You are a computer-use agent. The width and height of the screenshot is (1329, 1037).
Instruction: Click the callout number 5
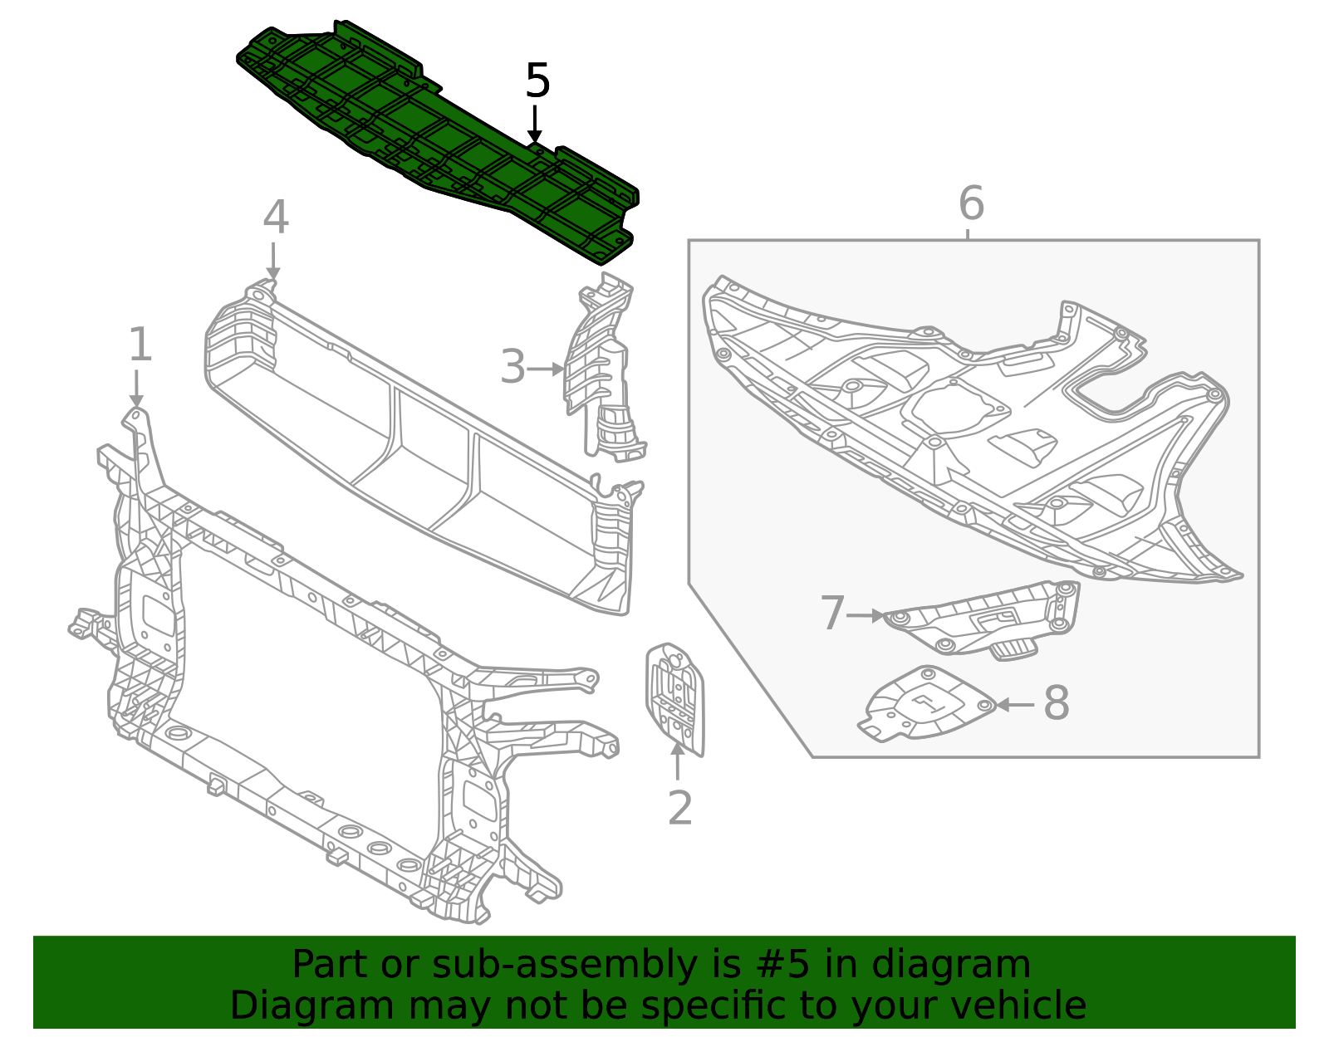pyautogui.click(x=537, y=81)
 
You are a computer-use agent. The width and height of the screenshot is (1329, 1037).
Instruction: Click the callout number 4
pyautogui.click(x=276, y=218)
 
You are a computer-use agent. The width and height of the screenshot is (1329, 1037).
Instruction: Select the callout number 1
pyautogui.click(x=140, y=345)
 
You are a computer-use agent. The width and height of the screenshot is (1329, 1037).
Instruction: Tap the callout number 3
pyautogui.click(x=512, y=368)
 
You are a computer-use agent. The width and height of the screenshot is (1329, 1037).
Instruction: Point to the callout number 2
pyautogui.click(x=679, y=808)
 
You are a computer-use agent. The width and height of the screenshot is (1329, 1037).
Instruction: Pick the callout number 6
pyautogui.click(x=971, y=203)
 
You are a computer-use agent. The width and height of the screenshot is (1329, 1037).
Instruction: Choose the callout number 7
pyautogui.click(x=832, y=614)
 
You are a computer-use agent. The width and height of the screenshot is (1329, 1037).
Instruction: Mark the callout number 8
pyautogui.click(x=1056, y=703)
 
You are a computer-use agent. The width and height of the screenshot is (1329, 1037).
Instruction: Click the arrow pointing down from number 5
pyautogui.click(x=536, y=125)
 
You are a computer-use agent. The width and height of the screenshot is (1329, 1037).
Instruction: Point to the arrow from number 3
pyautogui.click(x=547, y=369)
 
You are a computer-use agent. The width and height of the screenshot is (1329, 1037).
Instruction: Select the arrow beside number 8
pyautogui.click(x=1015, y=705)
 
